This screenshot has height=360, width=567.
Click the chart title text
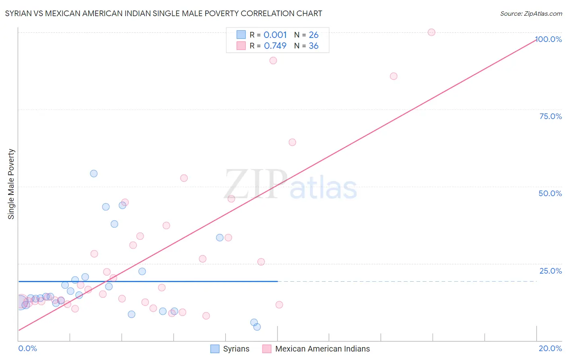pyautogui.click(x=163, y=13)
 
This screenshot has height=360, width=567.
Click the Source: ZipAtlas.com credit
pyautogui.click(x=531, y=14)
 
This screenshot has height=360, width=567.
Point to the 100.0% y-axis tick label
pyautogui.click(x=549, y=39)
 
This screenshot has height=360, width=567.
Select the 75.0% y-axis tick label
pyautogui.click(x=550, y=116)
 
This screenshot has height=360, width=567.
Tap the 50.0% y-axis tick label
pyautogui.click(x=550, y=193)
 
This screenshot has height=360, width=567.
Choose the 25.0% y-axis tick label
pyautogui.click(x=550, y=271)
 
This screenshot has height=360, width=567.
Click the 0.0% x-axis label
pyautogui.click(x=27, y=348)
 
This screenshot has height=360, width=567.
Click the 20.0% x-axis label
pyautogui.click(x=550, y=348)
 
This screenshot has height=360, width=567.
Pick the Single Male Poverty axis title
pyautogui.click(x=11, y=184)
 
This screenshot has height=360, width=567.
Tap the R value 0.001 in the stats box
pyautogui.click(x=275, y=35)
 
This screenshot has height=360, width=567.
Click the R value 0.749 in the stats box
pyautogui.click(x=275, y=46)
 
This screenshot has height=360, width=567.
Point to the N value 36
pyautogui.click(x=313, y=46)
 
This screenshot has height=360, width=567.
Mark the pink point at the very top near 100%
pyautogui.click(x=432, y=32)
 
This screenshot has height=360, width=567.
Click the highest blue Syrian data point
pyautogui.click(x=94, y=174)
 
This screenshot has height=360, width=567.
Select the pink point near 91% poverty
pyautogui.click(x=273, y=61)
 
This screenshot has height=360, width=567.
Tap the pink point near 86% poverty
pyautogui.click(x=394, y=76)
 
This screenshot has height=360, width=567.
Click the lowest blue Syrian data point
pyautogui.click(x=257, y=327)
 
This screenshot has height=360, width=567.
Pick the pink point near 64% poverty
pyautogui.click(x=292, y=142)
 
